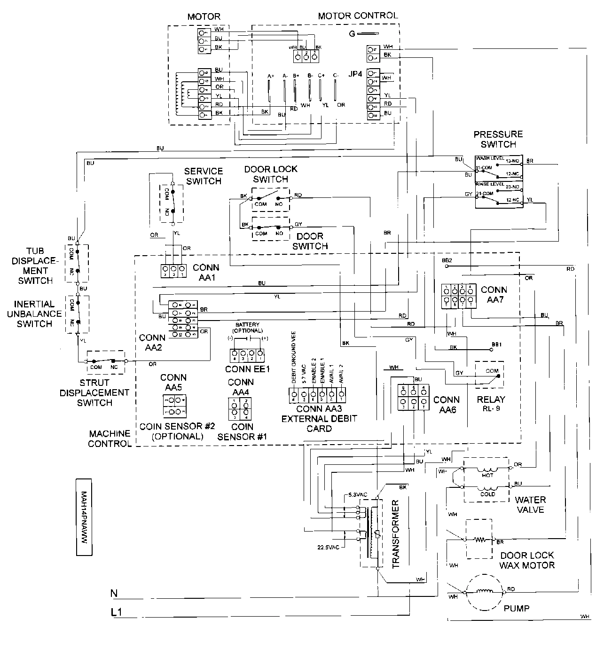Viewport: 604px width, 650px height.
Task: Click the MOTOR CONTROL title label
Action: [x=357, y=16]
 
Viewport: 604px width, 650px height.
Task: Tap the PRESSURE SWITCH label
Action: [x=498, y=139]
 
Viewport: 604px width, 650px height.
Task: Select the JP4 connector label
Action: [x=355, y=74]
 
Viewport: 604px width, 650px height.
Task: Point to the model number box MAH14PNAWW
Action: [x=84, y=517]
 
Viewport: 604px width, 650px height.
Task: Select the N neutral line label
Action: [x=113, y=594]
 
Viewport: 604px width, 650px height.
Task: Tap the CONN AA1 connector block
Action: [x=173, y=271]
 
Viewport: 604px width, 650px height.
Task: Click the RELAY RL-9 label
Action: [x=491, y=404]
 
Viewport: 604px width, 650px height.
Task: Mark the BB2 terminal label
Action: [x=447, y=260]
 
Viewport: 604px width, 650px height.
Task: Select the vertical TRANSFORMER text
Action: [x=395, y=534]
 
